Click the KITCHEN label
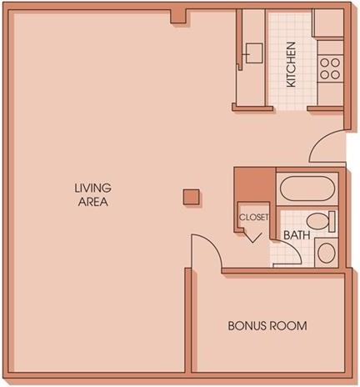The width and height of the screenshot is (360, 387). pyautogui.click(x=291, y=64)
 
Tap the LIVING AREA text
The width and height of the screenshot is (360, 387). pyautogui.click(x=93, y=195)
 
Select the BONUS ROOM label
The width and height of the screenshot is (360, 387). pyautogui.click(x=267, y=325)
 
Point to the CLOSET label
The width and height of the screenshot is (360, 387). pyautogui.click(x=254, y=217)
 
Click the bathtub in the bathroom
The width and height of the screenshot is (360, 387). pyautogui.click(x=306, y=188)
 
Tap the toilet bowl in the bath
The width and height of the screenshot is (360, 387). pyautogui.click(x=317, y=221)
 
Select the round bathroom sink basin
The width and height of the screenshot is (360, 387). pyautogui.click(x=327, y=253)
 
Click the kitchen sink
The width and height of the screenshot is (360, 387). pyautogui.click(x=254, y=53)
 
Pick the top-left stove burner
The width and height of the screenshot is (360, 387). pyautogui.click(x=324, y=63)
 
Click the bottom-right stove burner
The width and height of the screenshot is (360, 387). pyautogui.click(x=336, y=74)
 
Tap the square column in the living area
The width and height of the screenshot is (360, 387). pyautogui.click(x=191, y=197)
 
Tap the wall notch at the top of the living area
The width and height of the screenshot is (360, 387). pyautogui.click(x=178, y=17)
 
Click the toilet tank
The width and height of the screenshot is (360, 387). pyautogui.click(x=332, y=222)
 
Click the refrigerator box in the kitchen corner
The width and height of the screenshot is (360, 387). pyautogui.click(x=328, y=23)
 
